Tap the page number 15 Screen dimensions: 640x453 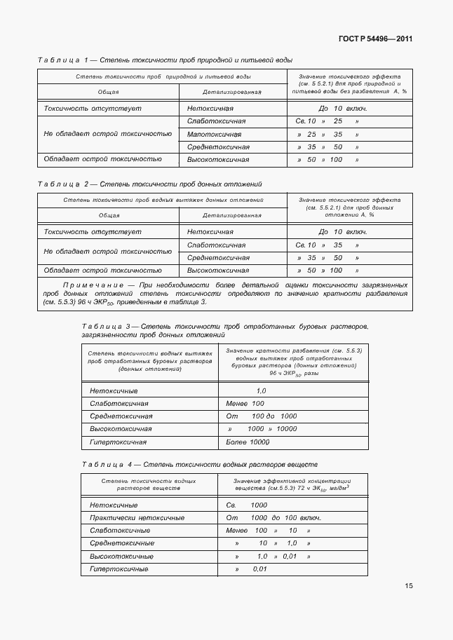point(408,586)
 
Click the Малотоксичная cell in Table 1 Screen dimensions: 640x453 point(215,134)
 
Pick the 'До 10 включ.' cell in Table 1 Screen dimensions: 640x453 point(343,109)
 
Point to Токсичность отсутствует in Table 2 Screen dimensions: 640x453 point(93,231)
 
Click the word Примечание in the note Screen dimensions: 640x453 point(96,285)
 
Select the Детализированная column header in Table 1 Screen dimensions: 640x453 point(232,92)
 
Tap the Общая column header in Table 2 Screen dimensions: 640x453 point(109,215)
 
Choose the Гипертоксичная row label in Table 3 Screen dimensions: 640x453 point(118,442)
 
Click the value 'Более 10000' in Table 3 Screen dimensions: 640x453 point(248,442)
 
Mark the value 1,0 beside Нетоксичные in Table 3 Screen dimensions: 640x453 point(261,390)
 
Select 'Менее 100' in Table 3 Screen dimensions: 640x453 point(245,404)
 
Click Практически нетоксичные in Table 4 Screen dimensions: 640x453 point(137,517)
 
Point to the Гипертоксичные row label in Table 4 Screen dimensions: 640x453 point(119,568)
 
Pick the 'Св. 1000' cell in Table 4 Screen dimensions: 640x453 point(247,505)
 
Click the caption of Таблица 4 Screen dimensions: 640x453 point(200,464)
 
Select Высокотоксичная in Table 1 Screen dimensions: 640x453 point(218,160)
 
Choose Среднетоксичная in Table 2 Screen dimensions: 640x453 point(218,257)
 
